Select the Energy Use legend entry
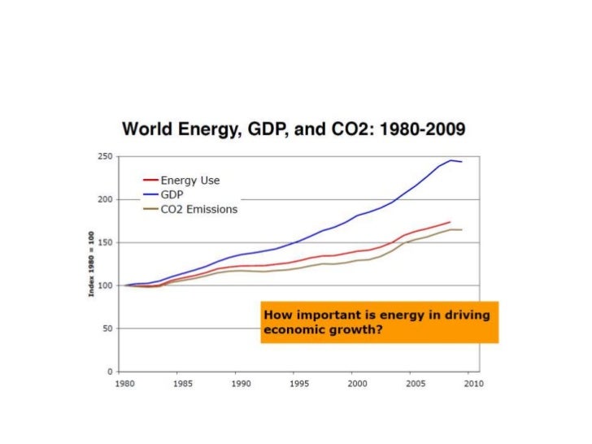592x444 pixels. click(190, 180)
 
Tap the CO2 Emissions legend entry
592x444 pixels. click(199, 209)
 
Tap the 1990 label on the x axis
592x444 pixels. click(239, 383)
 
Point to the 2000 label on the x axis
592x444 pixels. click(356, 383)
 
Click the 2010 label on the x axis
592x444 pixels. click(473, 383)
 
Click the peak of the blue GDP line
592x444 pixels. click(451, 160)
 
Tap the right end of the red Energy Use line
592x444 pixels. click(450, 222)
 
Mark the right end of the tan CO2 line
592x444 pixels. click(462, 230)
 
